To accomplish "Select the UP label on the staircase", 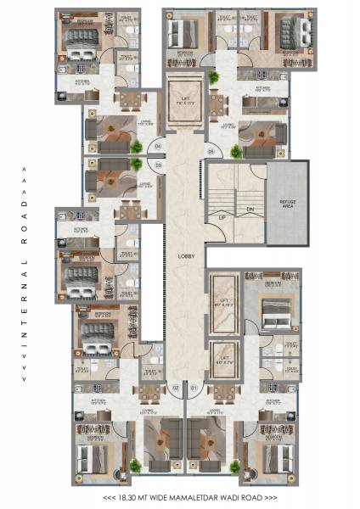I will tap(222, 219).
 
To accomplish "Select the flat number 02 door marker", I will tap(176, 389).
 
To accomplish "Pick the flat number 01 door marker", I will tap(194, 389).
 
